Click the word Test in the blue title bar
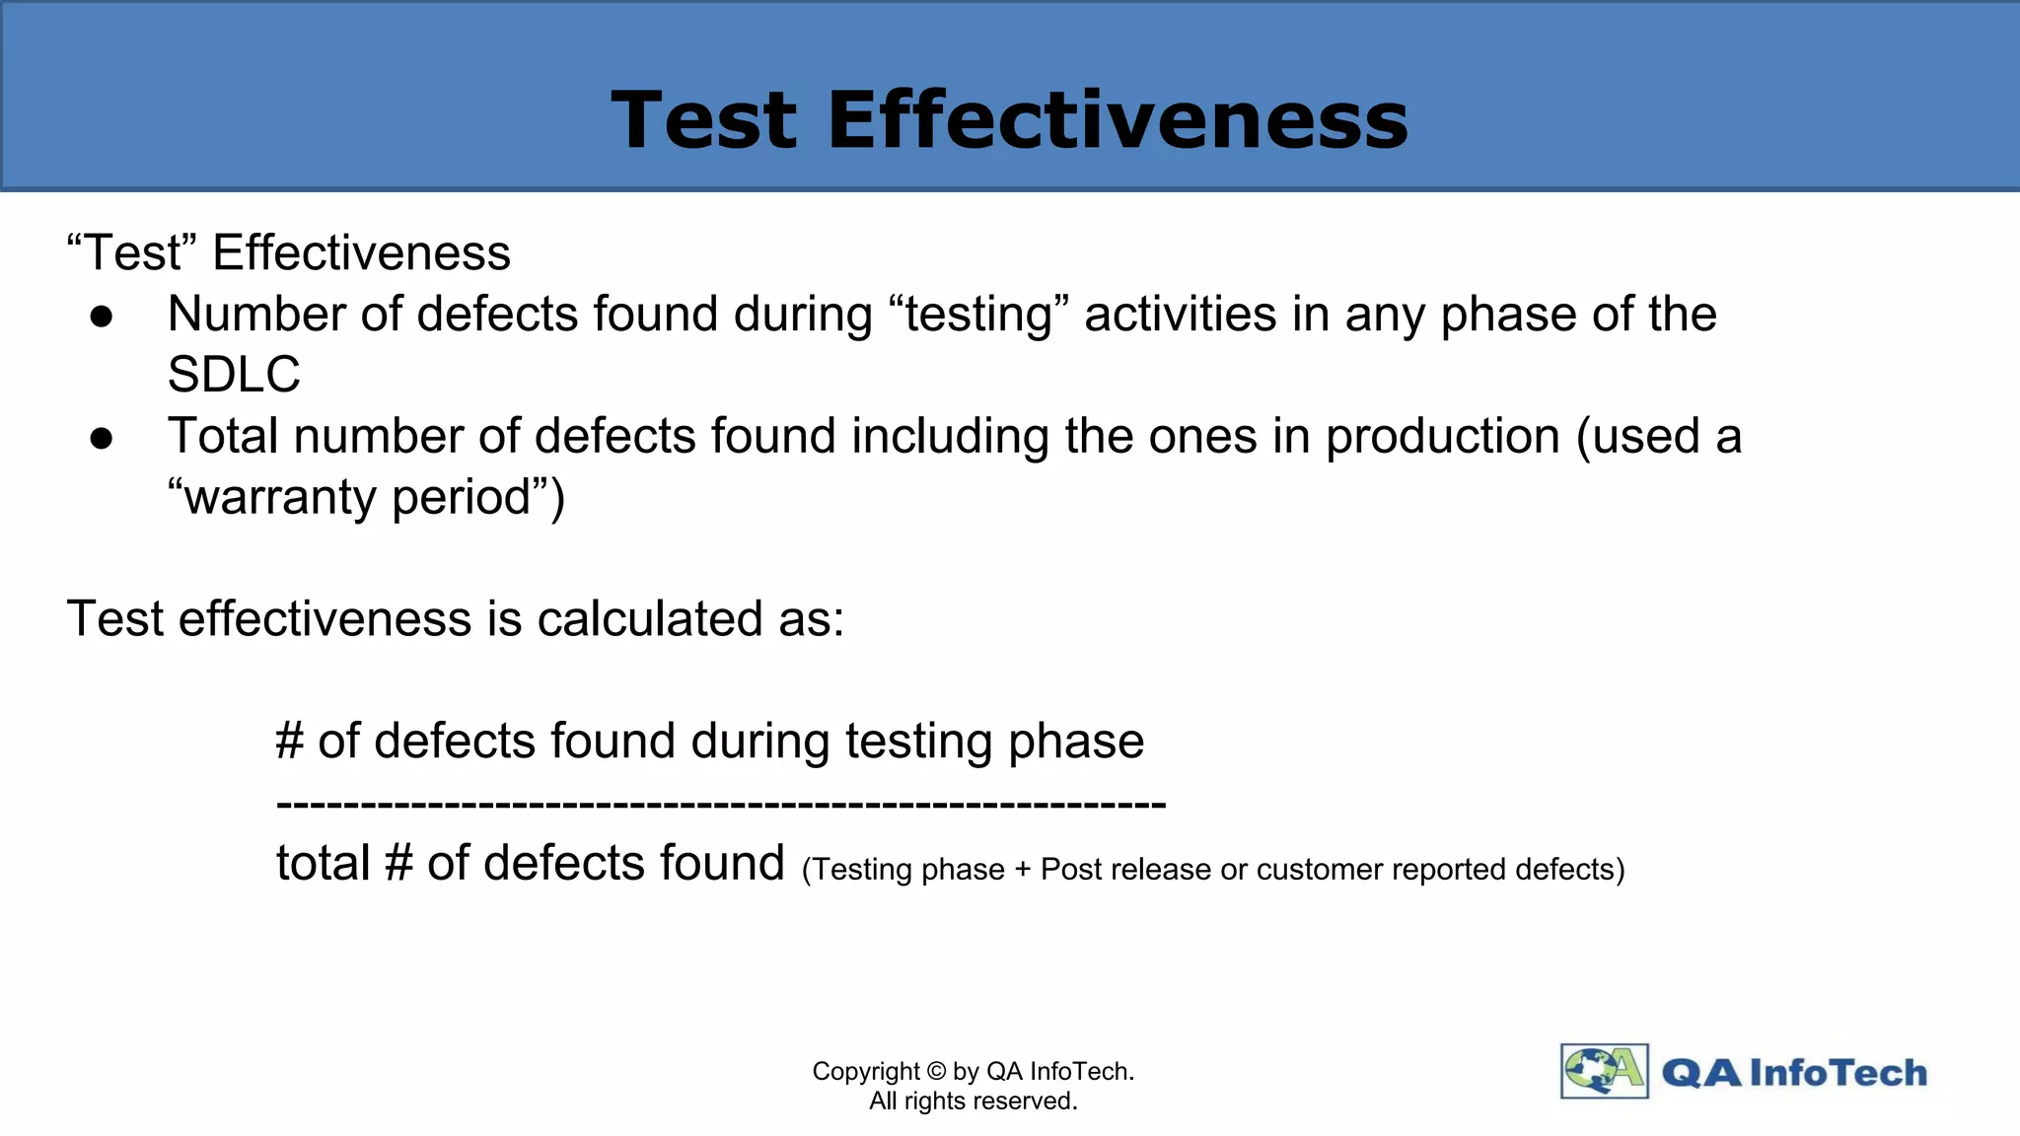[x=703, y=120]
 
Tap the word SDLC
[x=234, y=375]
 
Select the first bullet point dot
[x=102, y=317]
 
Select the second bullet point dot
[x=102, y=438]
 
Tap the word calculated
[x=650, y=619]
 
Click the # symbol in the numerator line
[x=289, y=742]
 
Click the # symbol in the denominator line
[x=398, y=864]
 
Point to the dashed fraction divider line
[x=721, y=805]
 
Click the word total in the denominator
[x=323, y=863]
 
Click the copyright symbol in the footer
[x=936, y=1072]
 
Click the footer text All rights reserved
[x=973, y=1101]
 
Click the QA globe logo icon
[x=1604, y=1071]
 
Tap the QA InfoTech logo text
[x=1794, y=1073]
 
